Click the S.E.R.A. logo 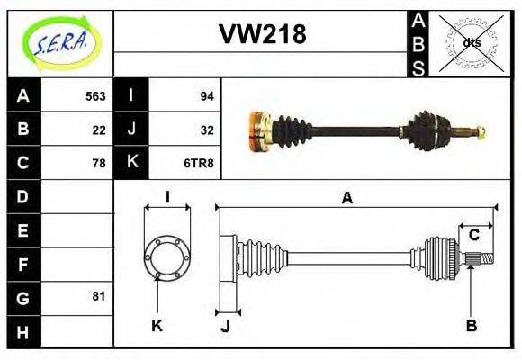tap(61, 42)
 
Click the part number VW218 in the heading tap(262, 34)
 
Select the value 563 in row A tap(94, 96)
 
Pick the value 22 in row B tap(99, 130)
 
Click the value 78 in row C tap(99, 163)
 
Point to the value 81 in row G tap(99, 296)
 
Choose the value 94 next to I tap(206, 96)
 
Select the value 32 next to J tap(206, 130)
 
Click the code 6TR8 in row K tap(199, 163)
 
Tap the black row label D tap(22, 196)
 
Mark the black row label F tap(22, 264)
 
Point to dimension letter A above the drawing tap(346, 198)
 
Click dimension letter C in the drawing tap(473, 236)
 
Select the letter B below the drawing tap(471, 325)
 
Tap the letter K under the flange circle tap(157, 325)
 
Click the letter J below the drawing tap(226, 326)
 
